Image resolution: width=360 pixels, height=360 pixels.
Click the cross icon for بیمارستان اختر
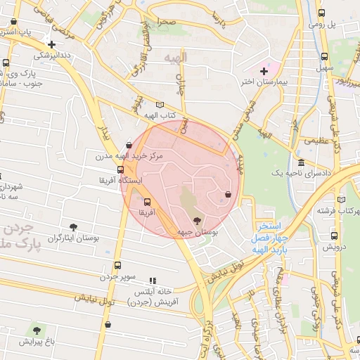tap(264, 71)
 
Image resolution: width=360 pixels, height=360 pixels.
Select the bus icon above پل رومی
tap(321, 13)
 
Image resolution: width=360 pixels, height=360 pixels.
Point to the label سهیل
tap(324, 69)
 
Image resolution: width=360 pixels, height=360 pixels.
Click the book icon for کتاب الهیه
tap(159, 105)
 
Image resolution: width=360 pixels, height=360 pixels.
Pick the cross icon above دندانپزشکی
tap(51, 44)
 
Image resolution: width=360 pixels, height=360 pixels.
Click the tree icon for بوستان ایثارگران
tap(73, 226)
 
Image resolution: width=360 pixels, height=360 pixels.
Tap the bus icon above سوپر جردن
tap(117, 266)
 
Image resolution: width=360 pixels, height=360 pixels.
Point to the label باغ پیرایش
tap(37, 341)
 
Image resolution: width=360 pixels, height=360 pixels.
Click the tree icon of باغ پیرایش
tap(37, 329)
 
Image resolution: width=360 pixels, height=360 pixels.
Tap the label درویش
tap(334, 247)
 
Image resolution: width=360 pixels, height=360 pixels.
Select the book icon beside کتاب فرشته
tap(342, 199)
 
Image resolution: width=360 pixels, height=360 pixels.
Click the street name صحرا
tap(167, 22)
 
